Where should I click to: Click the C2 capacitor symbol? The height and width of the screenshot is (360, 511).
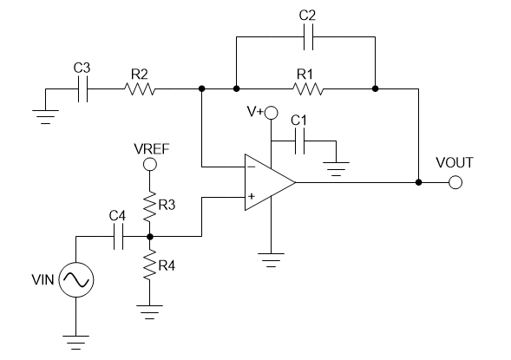point(305,40)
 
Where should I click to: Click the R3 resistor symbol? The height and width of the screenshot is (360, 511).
point(150,206)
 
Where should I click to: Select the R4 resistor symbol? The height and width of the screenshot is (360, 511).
point(150,264)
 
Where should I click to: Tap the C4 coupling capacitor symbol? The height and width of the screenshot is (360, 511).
point(117,236)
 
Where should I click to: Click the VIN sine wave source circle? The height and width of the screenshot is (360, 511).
point(75,279)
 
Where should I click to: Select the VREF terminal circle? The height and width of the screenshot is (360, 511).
point(150,164)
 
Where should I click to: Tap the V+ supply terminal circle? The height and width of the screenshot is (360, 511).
point(272,113)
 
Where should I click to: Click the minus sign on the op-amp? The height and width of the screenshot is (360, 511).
point(251,165)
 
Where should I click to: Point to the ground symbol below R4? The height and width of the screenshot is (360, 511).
point(150,305)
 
